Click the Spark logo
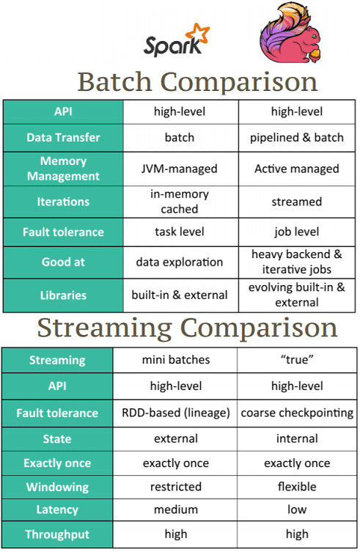pyautogui.click(x=176, y=40)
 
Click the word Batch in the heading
pyautogui.click(x=114, y=81)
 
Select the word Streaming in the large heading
pyautogui.click(x=105, y=329)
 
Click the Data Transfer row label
pyautogui.click(x=63, y=137)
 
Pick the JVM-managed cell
pyautogui.click(x=180, y=169)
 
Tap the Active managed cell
pyautogui.click(x=297, y=169)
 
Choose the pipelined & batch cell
pyautogui.click(x=297, y=137)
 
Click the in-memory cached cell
pyautogui.click(x=180, y=202)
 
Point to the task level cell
pyautogui.click(x=180, y=232)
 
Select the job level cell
pyautogui.click(x=297, y=232)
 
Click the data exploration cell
pyautogui.click(x=180, y=262)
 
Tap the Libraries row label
pyautogui.click(x=63, y=295)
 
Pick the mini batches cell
pyautogui.click(x=176, y=360)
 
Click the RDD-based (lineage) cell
pyautogui.click(x=176, y=413)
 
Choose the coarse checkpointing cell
pyautogui.click(x=297, y=413)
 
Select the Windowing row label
pyautogui.click(x=57, y=487)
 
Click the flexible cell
pyautogui.click(x=297, y=487)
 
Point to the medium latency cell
pyautogui.click(x=176, y=509)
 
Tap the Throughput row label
pyautogui.click(x=57, y=534)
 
